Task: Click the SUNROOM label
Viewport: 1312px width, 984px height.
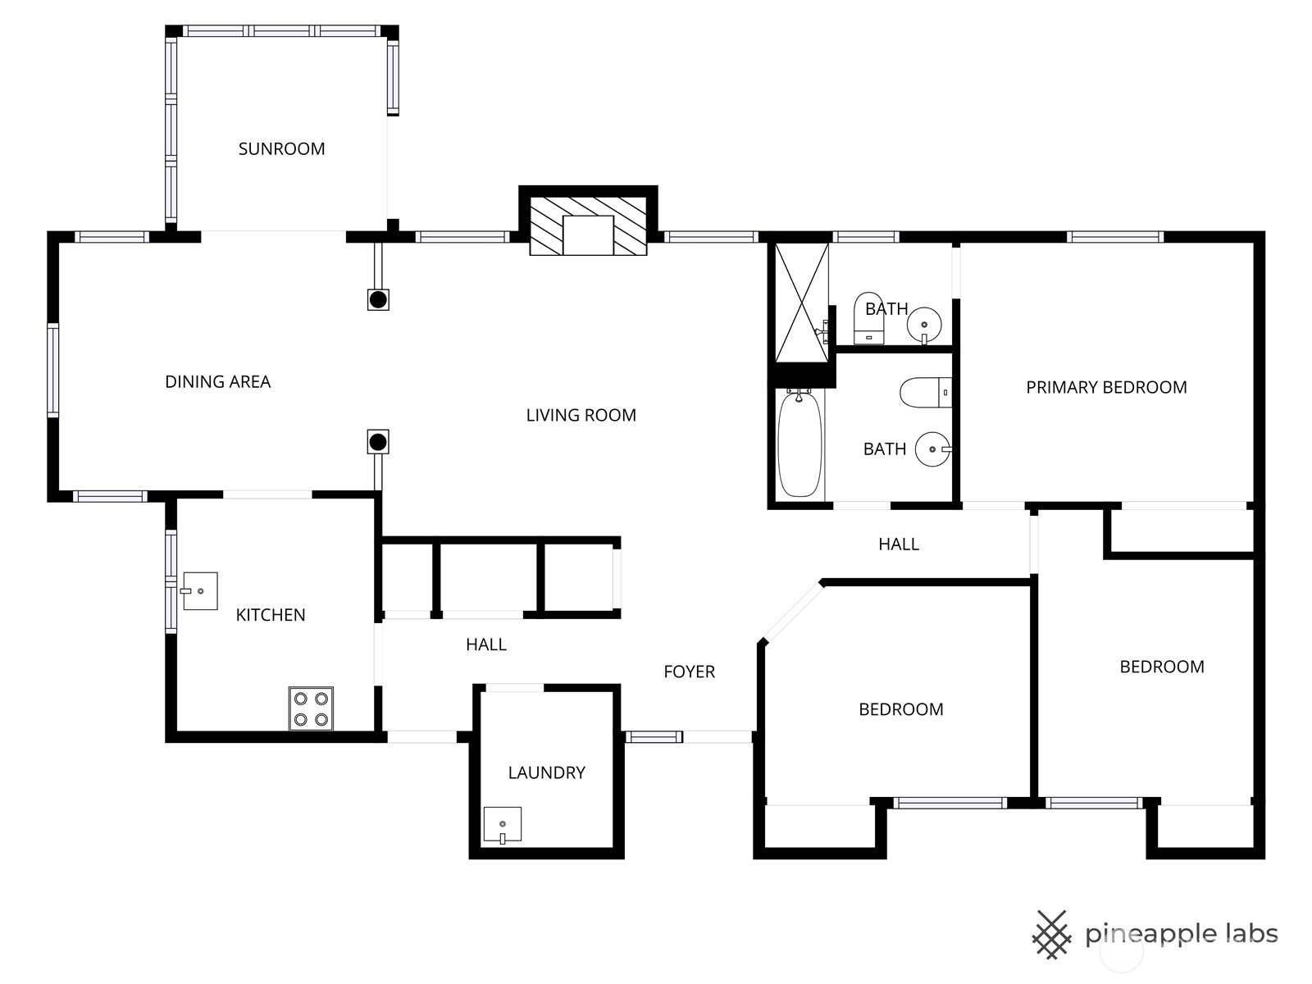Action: click(281, 149)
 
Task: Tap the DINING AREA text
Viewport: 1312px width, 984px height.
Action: click(217, 382)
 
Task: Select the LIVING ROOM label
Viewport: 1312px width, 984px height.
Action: click(581, 416)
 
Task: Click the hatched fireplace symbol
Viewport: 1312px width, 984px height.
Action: click(588, 225)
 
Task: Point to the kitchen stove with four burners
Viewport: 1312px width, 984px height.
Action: click(311, 708)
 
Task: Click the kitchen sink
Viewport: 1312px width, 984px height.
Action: click(199, 590)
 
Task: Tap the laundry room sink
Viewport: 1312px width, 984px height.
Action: click(502, 825)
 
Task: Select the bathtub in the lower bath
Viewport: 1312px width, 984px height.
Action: click(799, 444)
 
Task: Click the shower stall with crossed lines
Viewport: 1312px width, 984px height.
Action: click(801, 302)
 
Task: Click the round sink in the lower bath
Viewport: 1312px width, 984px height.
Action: click(932, 449)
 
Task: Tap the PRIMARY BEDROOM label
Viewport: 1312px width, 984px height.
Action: click(1106, 388)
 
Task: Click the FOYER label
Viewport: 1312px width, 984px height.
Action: click(689, 672)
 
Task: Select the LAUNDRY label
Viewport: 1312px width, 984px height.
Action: click(546, 773)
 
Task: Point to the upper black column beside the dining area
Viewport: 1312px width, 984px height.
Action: click(378, 299)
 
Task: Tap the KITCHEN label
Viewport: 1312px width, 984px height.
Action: click(271, 616)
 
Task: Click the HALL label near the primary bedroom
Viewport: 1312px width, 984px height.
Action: click(898, 544)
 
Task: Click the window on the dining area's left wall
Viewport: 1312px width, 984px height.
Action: click(53, 370)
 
